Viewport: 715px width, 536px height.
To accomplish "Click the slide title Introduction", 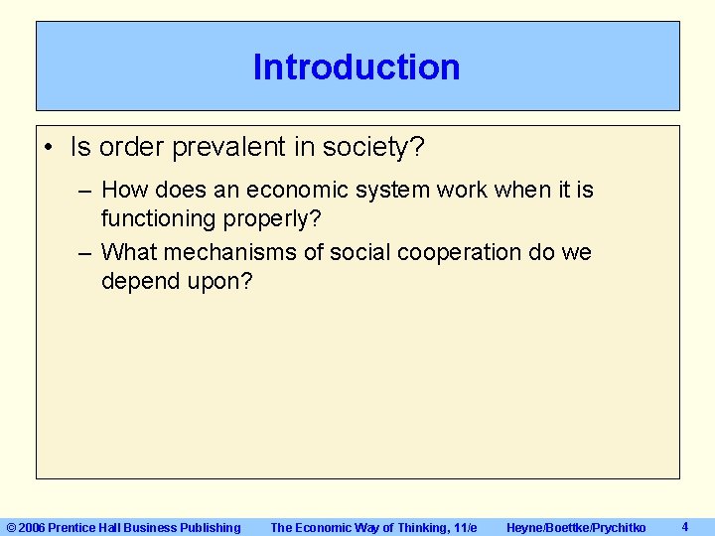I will pos(357,67).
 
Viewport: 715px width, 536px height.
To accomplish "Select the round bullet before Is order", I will pos(49,148).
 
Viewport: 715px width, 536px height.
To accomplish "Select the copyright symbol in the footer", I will pos(11,528).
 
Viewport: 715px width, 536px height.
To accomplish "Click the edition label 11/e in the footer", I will pos(463,528).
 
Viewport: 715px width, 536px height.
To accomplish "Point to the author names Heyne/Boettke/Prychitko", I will pos(576,528).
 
